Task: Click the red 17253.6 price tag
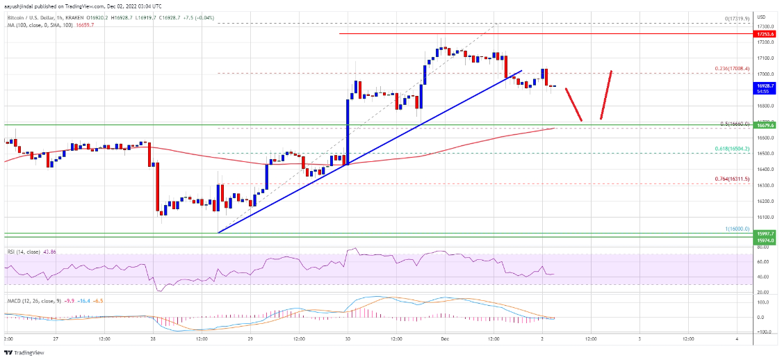pyautogui.click(x=765, y=33)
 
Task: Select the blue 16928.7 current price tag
pyautogui.click(x=765, y=85)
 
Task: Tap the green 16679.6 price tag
pyautogui.click(x=765, y=126)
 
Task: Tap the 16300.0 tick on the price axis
pyautogui.click(x=765, y=186)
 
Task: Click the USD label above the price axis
pyautogui.click(x=761, y=17)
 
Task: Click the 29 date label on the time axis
pyautogui.click(x=251, y=338)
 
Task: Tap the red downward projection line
pyautogui.click(x=573, y=105)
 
